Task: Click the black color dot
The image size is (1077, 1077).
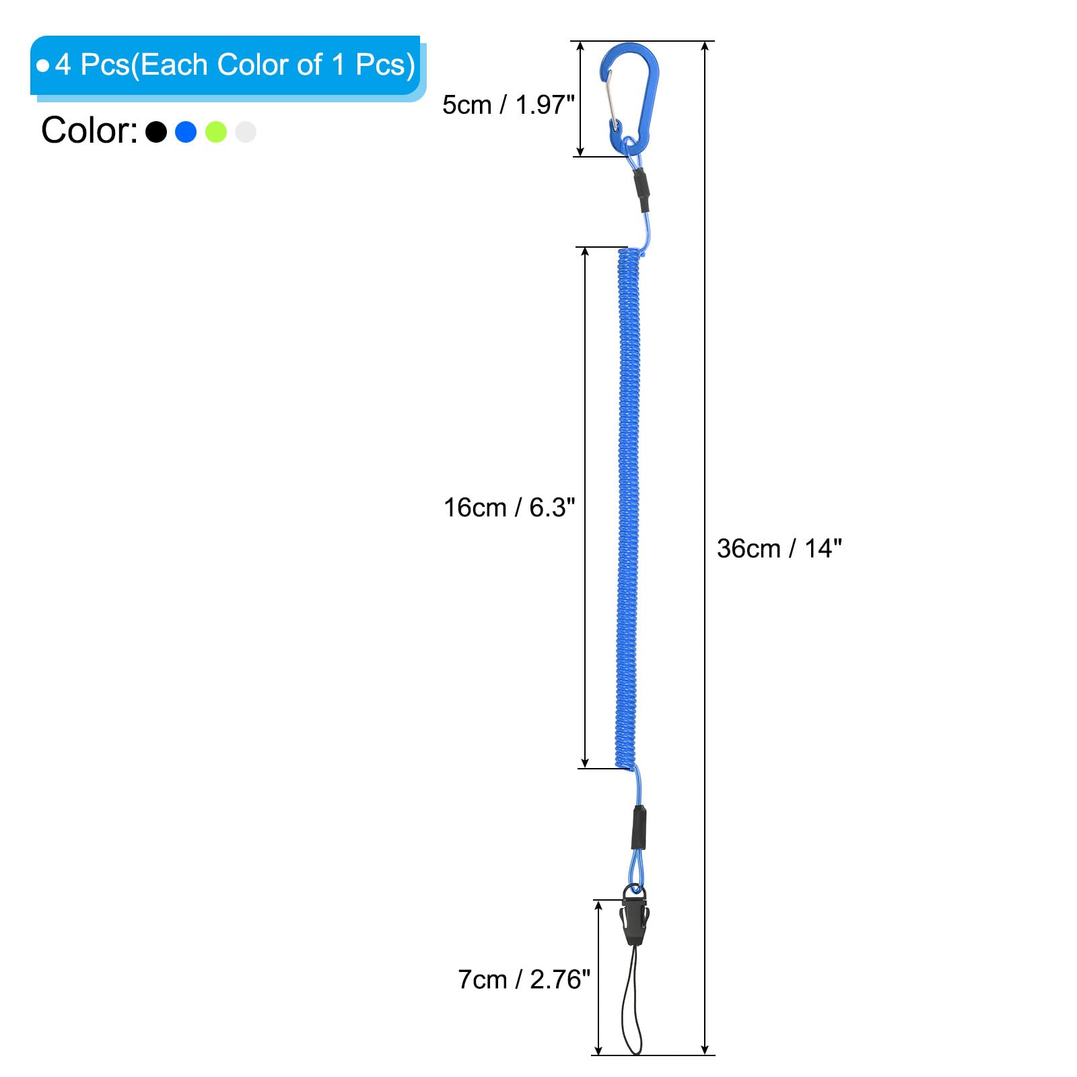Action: point(156,132)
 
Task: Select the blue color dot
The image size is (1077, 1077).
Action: point(186,132)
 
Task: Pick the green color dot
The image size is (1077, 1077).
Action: point(216,132)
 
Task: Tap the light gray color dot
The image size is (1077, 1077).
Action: point(246,132)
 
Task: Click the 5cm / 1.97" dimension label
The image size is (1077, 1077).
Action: point(508,104)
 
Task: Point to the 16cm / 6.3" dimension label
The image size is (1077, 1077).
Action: point(510,508)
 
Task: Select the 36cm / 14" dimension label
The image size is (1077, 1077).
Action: point(779,549)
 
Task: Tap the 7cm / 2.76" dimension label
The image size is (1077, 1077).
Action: point(524,979)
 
